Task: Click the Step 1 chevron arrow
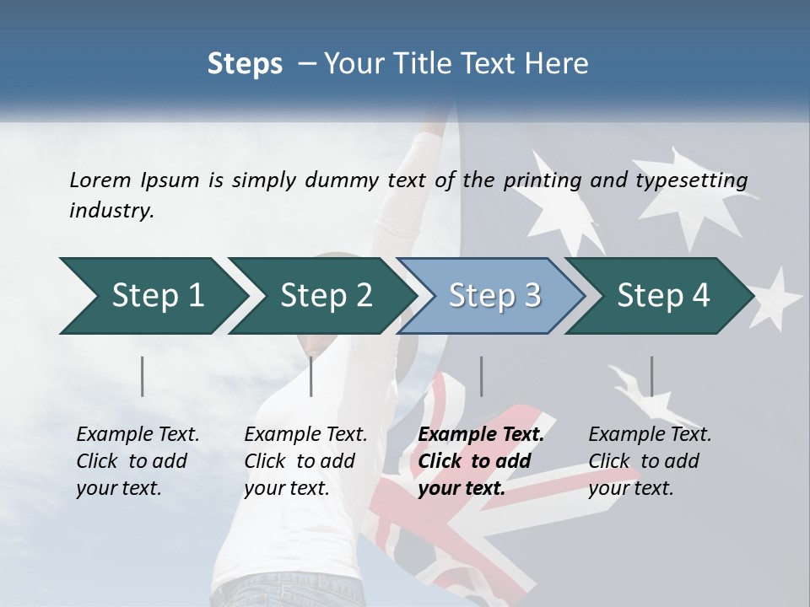pyautogui.click(x=152, y=296)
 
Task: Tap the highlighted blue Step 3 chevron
pyautogui.click(x=491, y=296)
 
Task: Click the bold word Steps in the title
pyautogui.click(x=245, y=64)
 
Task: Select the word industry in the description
pyautogui.click(x=111, y=211)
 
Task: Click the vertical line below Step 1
pyautogui.click(x=143, y=376)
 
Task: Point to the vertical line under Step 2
pyautogui.click(x=311, y=376)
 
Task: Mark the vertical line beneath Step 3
pyautogui.click(x=481, y=376)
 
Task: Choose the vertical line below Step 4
pyautogui.click(x=651, y=376)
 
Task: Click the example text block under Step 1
pyautogui.click(x=138, y=461)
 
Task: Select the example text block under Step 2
pyautogui.click(x=305, y=461)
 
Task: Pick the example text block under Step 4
pyautogui.click(x=650, y=461)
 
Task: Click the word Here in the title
pyautogui.click(x=559, y=64)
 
